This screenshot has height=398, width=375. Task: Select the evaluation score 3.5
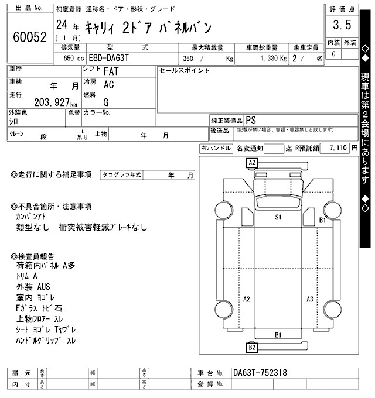342,25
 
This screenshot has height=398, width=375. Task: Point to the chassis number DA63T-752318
260,373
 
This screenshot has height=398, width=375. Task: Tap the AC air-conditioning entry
108,85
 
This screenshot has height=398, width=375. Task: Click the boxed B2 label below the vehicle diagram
252,348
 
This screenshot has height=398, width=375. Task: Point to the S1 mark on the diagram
279,217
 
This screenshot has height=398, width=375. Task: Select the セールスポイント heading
185,70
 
